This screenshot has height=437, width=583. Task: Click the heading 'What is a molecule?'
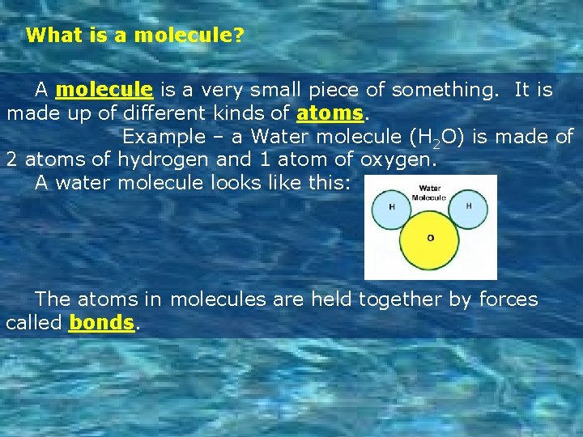[x=135, y=36]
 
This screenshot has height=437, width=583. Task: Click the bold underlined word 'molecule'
[x=104, y=89]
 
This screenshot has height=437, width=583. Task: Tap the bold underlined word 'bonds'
[x=101, y=323]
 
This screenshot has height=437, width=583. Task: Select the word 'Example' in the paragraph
[x=163, y=137]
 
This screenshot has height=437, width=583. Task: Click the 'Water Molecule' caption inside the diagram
[x=429, y=193]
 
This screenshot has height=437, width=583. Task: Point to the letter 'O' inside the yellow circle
[x=430, y=238]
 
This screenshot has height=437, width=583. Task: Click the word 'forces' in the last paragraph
[x=509, y=299]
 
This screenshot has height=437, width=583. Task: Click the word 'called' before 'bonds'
[x=34, y=323]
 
